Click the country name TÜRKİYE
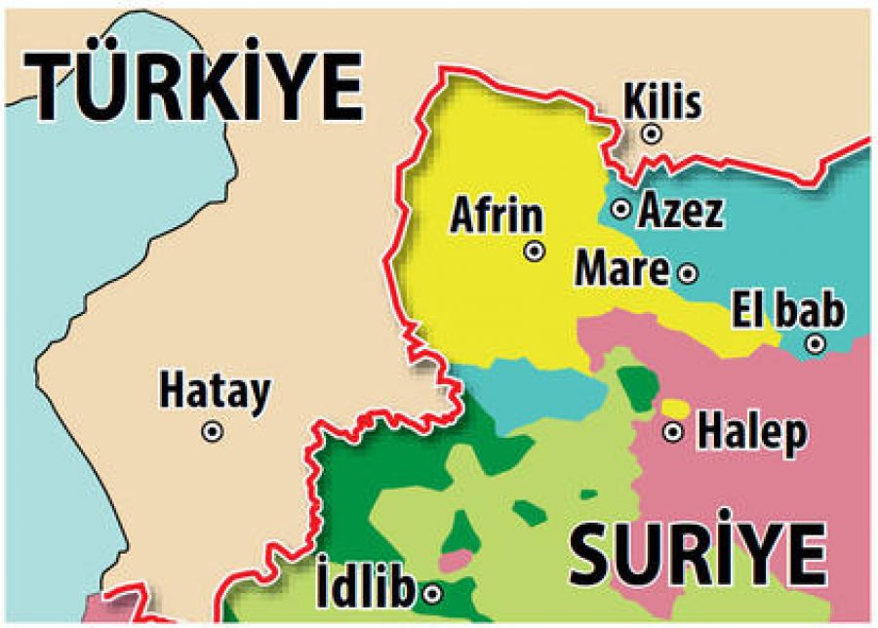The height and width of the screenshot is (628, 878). pos(195,88)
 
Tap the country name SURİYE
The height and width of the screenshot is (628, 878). pos(698,555)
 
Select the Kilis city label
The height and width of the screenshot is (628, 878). pos(662,100)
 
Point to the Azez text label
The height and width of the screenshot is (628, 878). pos(681,211)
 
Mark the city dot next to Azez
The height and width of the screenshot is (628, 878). pos(620,209)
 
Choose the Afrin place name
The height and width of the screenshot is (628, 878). pos(496,215)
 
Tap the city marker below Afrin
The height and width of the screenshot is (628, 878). pos(535,252)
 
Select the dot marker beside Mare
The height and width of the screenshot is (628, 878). pos(688,273)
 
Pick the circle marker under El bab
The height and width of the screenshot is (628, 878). pos(816,343)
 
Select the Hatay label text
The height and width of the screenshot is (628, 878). pos(215,392)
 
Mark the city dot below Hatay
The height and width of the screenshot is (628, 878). pos(212,431)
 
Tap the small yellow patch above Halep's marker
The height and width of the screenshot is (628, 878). pos(674,408)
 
